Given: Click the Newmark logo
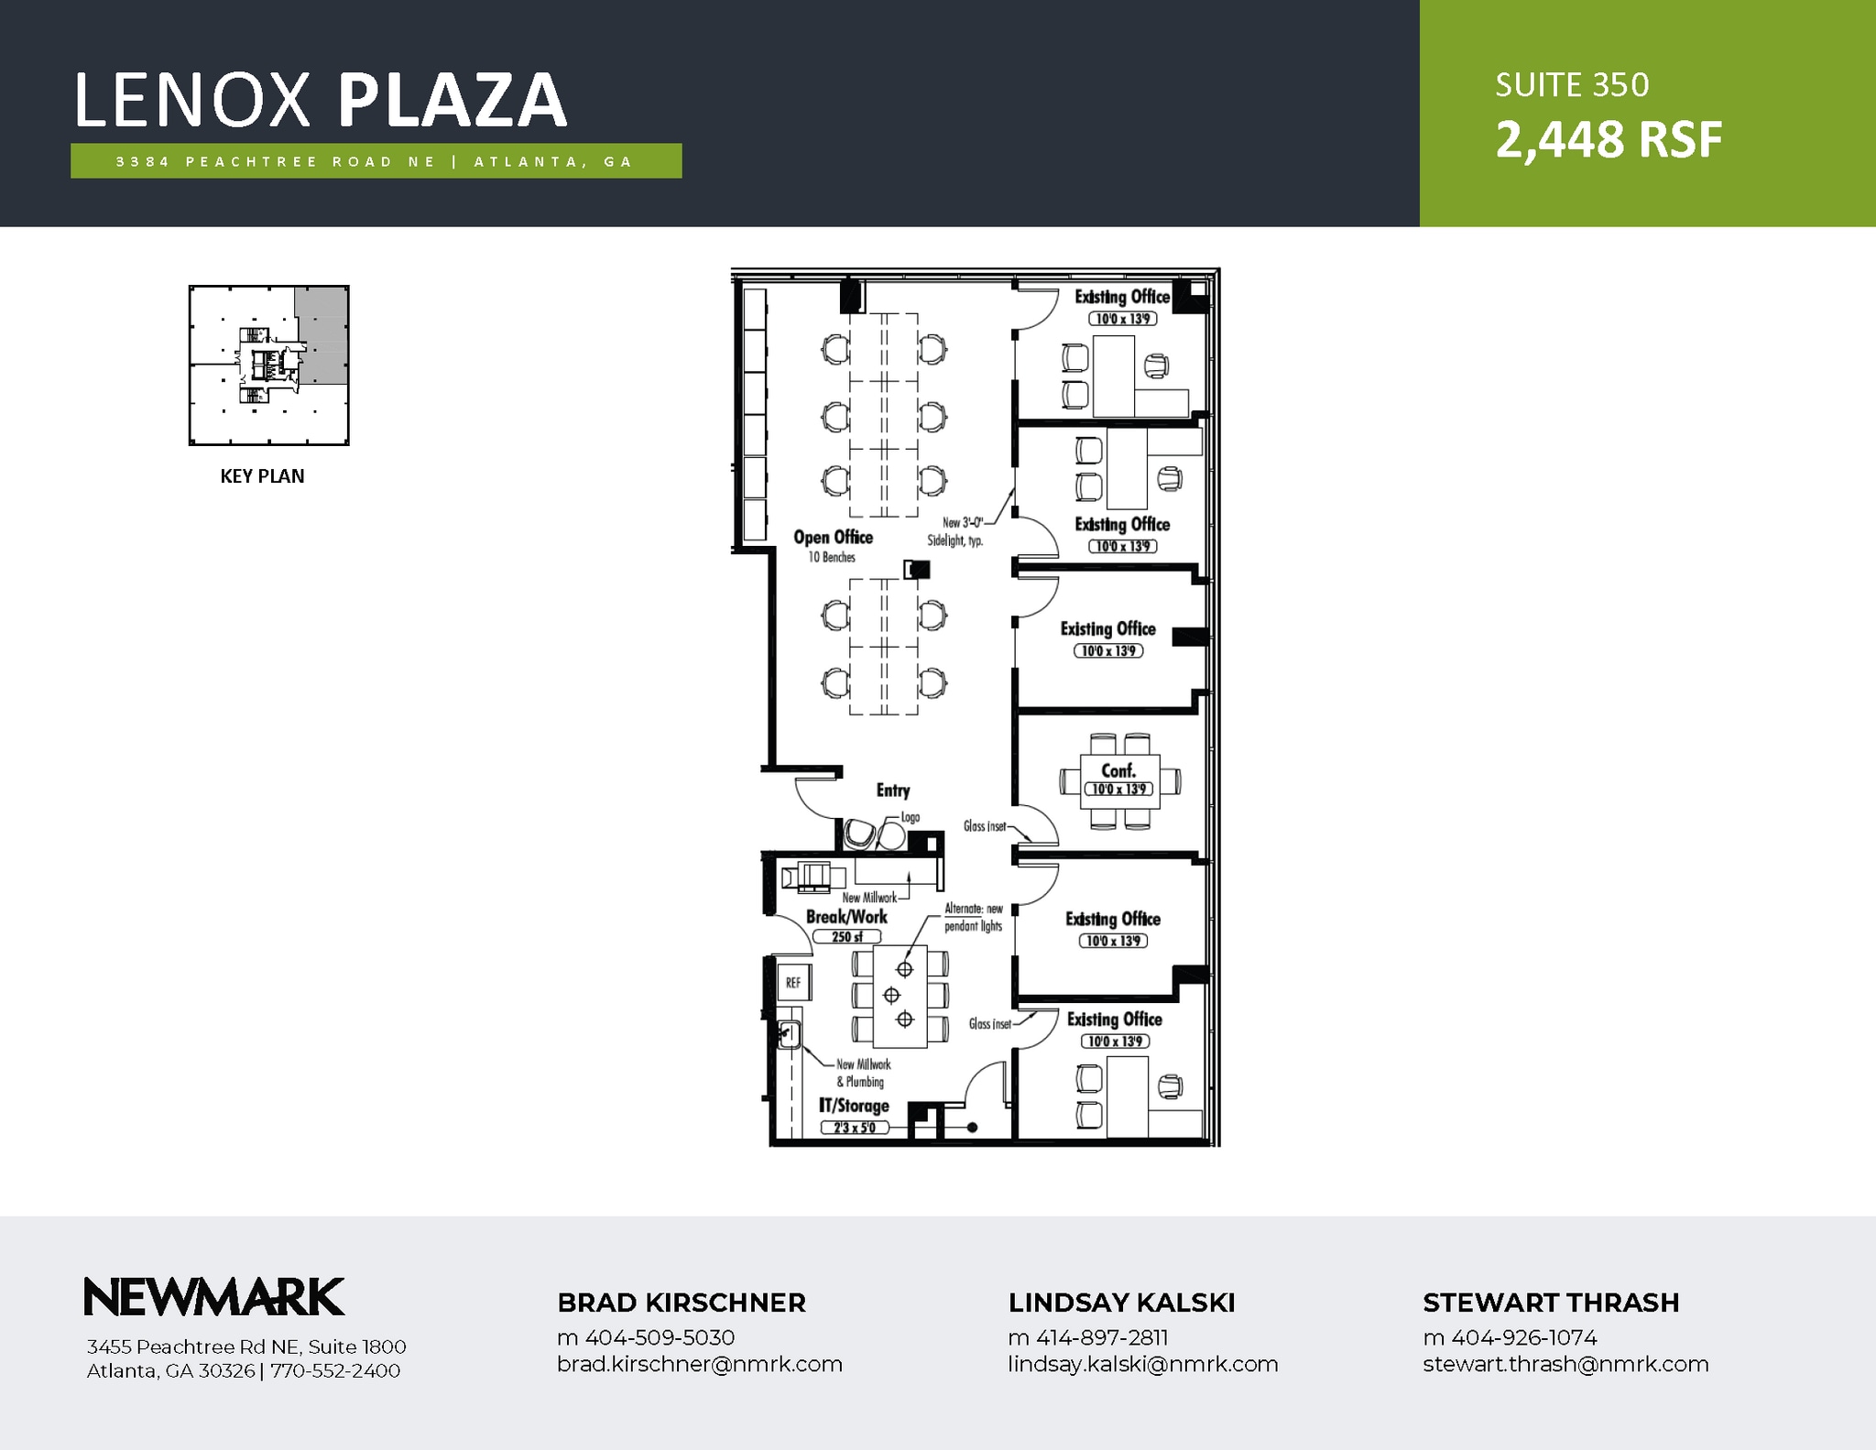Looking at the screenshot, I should (213, 1297).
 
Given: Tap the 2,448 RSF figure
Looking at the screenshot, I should (1609, 140).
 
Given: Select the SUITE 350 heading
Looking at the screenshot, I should (1572, 85).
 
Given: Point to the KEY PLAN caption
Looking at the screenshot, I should (262, 476).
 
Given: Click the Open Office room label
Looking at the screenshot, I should (833, 538).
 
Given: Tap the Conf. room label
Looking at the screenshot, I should (1118, 770).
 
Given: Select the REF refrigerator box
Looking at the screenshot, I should (793, 982).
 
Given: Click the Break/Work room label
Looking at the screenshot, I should (846, 916).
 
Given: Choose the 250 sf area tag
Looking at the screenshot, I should (846, 937).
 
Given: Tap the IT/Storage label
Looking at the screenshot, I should (854, 1106).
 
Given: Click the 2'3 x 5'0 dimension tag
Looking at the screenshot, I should (855, 1128).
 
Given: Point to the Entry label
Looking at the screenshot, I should (893, 790).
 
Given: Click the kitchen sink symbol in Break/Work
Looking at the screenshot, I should (789, 1035).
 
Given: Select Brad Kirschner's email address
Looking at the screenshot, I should (699, 1364).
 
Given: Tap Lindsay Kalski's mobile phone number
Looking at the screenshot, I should (1087, 1337).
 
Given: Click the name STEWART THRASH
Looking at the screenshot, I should (1550, 1303).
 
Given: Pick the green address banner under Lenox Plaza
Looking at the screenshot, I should (376, 161).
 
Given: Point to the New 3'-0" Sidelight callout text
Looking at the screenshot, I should (956, 531).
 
